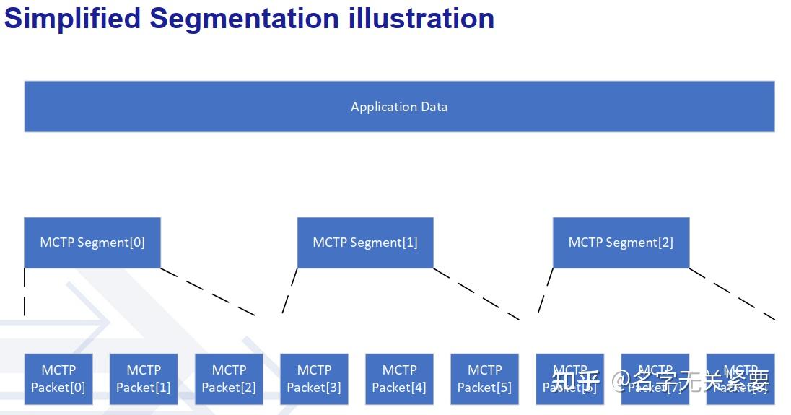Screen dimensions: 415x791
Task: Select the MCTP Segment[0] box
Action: point(92,243)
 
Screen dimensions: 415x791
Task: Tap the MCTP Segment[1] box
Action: point(365,243)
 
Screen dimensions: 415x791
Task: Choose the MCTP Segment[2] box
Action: point(621,243)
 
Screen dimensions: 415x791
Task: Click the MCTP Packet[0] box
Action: point(58,379)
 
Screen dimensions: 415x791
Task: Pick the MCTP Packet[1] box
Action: point(144,379)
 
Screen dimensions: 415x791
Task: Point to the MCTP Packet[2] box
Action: point(229,379)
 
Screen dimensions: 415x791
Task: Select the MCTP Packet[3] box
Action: point(314,379)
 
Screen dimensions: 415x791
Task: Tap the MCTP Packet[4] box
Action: point(399,379)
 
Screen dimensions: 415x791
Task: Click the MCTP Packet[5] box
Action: point(484,379)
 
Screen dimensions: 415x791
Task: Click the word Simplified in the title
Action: point(72,19)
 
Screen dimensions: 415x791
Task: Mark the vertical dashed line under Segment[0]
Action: point(25,292)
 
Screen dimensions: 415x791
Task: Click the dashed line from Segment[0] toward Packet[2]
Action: point(208,292)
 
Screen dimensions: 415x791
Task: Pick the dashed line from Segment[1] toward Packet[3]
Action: point(289,291)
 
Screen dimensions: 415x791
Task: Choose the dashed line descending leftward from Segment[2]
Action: point(546,291)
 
